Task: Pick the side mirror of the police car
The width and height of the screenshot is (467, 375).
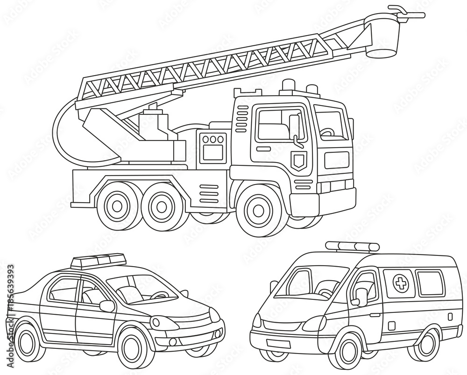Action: (x=107, y=306)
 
